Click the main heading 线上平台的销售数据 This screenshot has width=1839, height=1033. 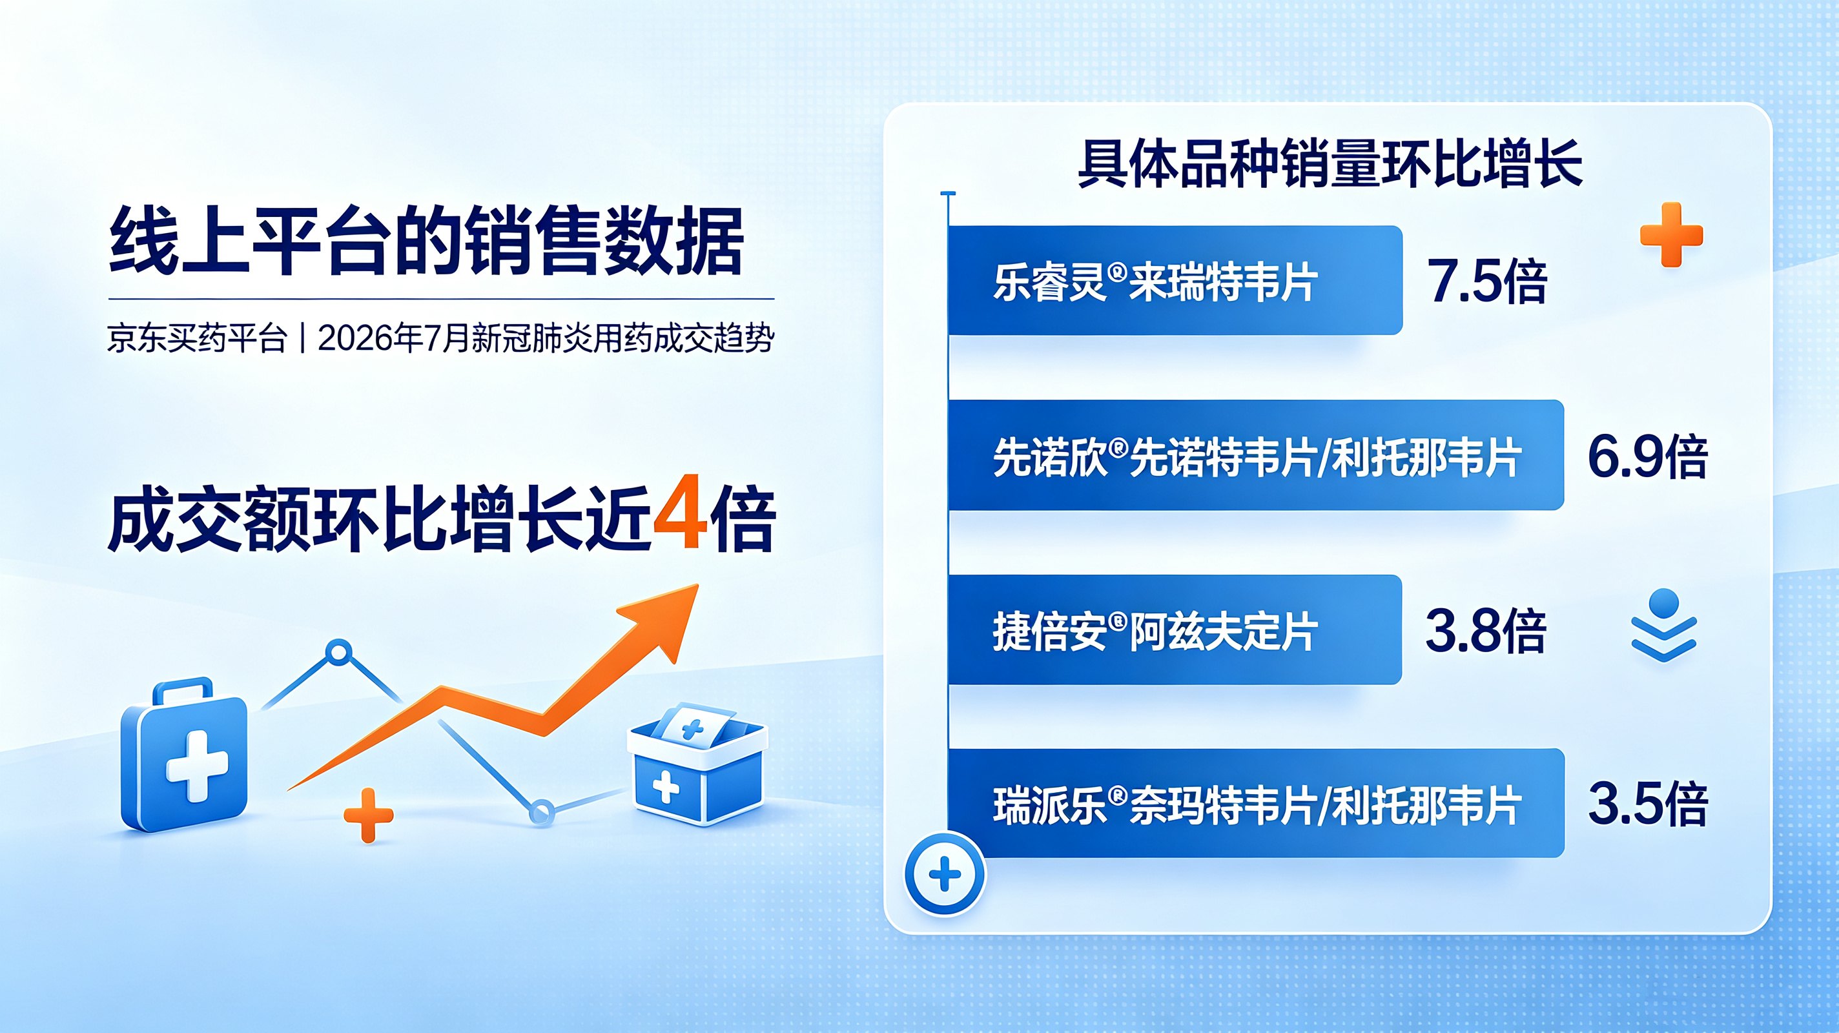(x=426, y=241)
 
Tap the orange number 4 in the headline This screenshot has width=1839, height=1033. (x=681, y=520)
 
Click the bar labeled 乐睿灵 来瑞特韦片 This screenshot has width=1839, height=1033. (x=1175, y=280)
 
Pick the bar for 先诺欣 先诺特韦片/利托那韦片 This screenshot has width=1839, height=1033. (x=1256, y=455)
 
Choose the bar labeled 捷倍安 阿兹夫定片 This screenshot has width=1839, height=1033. (x=1175, y=629)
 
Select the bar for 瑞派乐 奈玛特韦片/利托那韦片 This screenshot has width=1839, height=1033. (x=1256, y=803)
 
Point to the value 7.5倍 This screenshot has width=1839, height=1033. (x=1486, y=281)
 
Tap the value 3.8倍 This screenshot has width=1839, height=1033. (x=1486, y=630)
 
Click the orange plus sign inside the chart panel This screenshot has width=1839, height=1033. (x=1671, y=234)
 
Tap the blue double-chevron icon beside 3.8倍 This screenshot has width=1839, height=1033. (x=1664, y=626)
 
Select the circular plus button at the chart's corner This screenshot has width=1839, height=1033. (x=945, y=874)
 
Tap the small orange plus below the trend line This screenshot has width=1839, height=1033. (x=368, y=815)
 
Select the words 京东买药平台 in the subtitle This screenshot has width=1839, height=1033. (x=197, y=338)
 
